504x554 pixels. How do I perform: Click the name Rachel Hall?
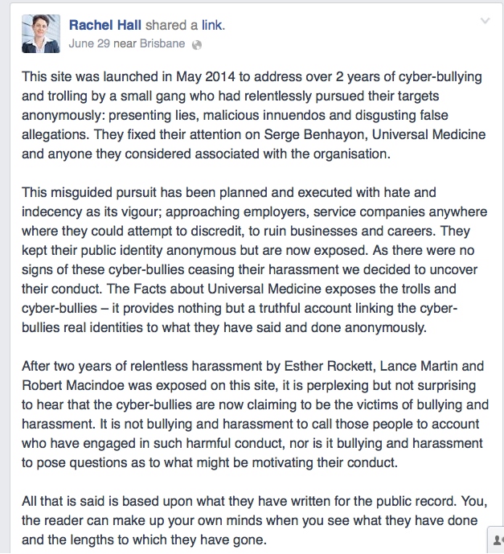[x=105, y=25]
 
